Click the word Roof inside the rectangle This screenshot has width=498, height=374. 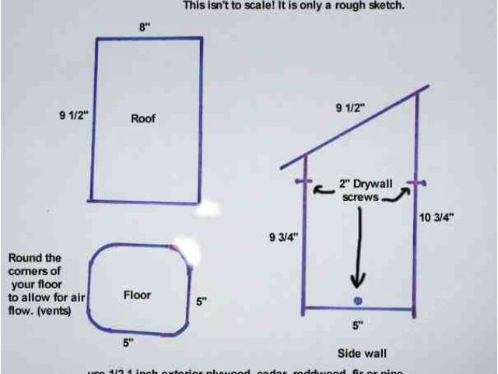[x=143, y=118]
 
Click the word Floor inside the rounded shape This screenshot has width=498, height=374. [x=137, y=295]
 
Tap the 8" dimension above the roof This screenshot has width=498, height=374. [x=144, y=27]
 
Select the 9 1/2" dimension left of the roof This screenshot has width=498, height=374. [x=75, y=115]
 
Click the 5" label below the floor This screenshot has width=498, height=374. [x=128, y=341]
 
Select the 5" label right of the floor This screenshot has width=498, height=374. [x=201, y=302]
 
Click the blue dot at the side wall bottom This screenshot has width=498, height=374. [x=357, y=301]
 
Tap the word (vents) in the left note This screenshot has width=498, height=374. [x=53, y=311]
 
